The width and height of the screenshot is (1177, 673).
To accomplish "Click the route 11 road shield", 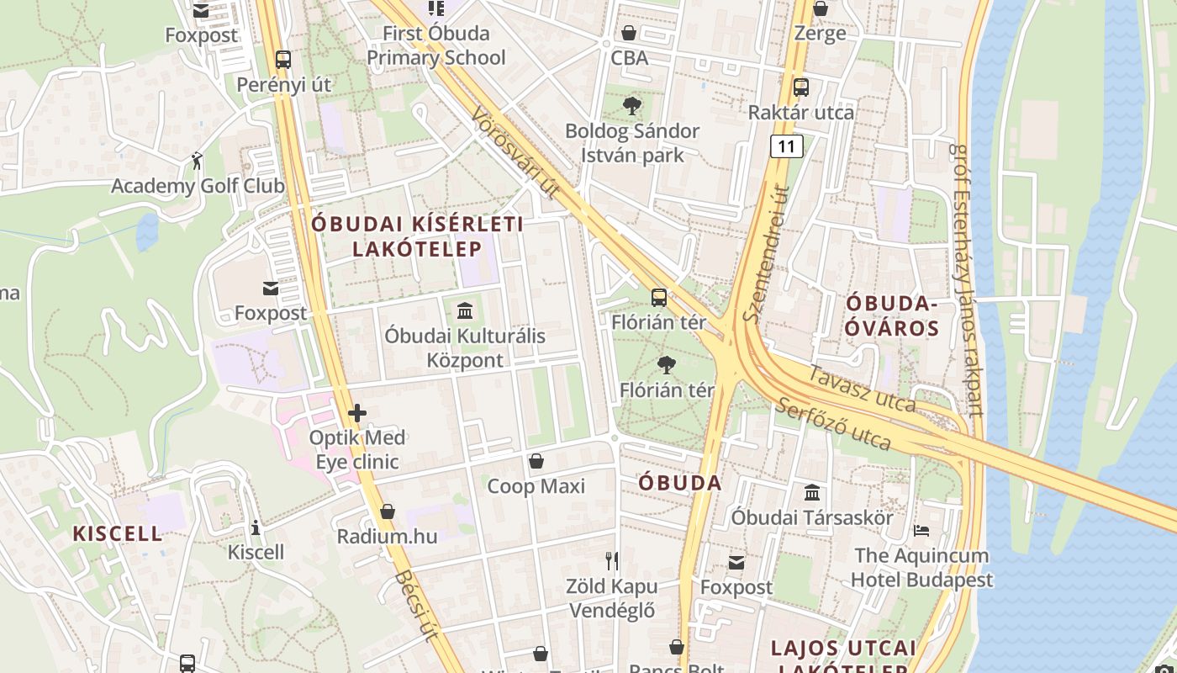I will point(786,146).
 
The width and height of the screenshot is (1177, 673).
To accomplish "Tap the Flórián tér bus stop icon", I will point(659,297).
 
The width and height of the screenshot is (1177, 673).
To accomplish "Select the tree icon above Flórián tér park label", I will point(667,364).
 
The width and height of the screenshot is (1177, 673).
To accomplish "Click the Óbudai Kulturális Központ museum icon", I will point(465,311).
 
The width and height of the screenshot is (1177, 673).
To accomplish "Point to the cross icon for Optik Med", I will point(357,413).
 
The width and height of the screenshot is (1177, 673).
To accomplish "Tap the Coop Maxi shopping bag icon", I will point(536,461).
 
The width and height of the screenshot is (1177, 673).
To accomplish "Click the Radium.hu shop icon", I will point(388,511).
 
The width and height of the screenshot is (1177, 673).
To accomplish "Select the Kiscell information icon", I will point(256,527).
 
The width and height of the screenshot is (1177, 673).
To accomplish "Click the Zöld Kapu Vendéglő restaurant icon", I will point(612,560).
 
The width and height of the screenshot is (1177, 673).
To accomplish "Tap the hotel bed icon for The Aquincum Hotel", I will point(921,531).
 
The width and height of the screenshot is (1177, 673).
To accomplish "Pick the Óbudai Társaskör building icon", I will point(812,492).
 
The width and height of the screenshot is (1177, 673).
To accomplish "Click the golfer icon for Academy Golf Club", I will point(197,161).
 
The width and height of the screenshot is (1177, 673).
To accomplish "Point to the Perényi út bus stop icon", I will point(283,60).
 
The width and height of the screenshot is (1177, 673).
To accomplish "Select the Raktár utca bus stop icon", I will point(800,87).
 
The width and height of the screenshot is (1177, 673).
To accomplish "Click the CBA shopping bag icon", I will point(629,33).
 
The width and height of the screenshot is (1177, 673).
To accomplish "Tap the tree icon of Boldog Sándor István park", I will point(631,106).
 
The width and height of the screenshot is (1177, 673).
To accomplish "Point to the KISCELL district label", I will point(118,533).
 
